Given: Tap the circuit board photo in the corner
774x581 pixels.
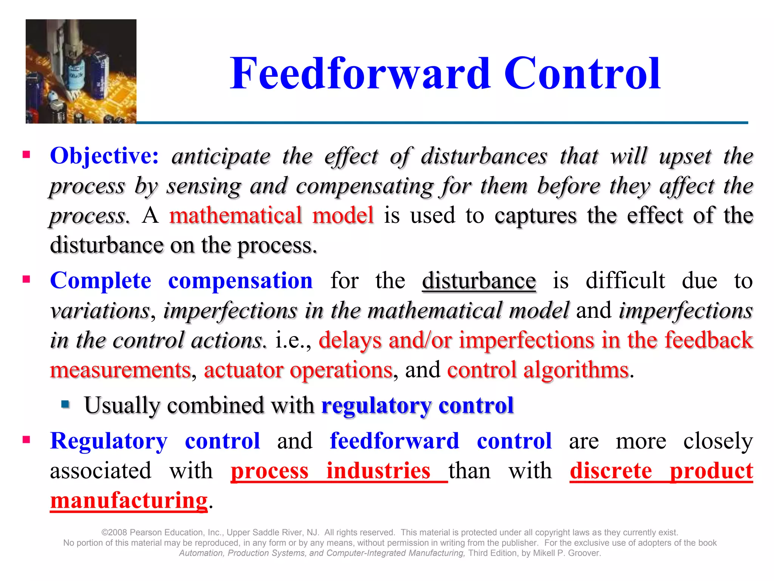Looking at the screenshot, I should tap(81, 71).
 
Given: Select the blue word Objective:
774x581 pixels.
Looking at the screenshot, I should tap(104, 155).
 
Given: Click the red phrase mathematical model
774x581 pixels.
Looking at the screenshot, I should tap(271, 216).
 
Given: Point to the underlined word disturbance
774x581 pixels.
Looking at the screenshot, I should tap(478, 281).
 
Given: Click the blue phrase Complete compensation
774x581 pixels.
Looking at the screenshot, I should tap(181, 281).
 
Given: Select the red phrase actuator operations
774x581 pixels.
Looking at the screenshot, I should tap(298, 370).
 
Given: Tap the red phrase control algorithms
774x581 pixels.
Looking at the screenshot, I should tap(537, 370).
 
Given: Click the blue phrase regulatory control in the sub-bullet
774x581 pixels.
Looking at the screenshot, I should tap(417, 405).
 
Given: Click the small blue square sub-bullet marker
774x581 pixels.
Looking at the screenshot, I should tap(65, 404).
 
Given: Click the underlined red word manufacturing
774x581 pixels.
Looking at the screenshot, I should tap(128, 500).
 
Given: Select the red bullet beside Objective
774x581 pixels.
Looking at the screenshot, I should tap(26, 154).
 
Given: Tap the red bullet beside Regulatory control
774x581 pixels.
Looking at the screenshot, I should tap(26, 440).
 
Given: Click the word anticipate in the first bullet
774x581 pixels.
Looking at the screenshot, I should tap(221, 156).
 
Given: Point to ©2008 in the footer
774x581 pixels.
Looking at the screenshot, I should tap(114, 532).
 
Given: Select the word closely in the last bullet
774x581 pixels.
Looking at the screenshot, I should tap(718, 441).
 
